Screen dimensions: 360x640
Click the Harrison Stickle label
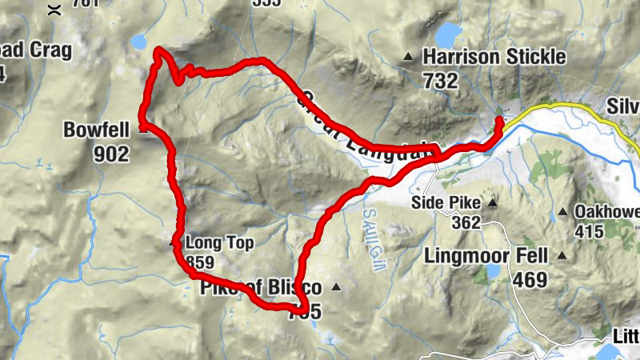494,57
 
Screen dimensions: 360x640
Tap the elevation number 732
442,80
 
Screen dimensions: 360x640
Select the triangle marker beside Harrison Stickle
409,57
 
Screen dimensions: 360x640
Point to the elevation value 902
110,154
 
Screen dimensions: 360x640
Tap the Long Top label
214,242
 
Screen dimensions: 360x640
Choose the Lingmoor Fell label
486,257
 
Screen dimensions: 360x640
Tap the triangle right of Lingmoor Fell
562,257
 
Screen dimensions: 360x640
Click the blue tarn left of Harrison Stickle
449,35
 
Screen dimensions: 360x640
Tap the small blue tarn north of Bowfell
139,41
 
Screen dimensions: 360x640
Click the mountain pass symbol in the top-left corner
54,10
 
